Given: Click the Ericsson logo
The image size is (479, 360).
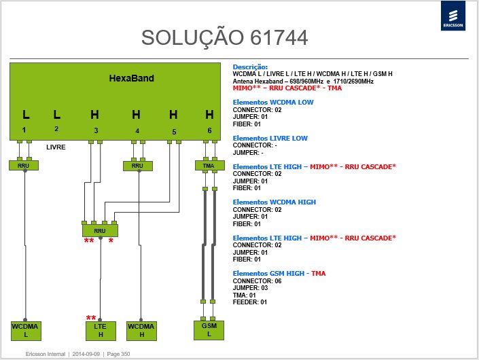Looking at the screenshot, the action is pyautogui.click(x=453, y=16).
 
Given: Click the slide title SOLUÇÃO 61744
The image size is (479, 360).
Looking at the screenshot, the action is pyautogui.click(x=224, y=37).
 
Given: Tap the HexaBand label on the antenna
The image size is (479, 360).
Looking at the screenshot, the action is pyautogui.click(x=132, y=78).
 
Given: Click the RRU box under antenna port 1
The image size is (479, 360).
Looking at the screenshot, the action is pyautogui.click(x=24, y=165).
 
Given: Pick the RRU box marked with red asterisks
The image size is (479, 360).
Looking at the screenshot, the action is pyautogui.click(x=100, y=230).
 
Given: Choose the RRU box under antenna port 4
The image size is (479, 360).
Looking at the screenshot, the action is pyautogui.click(x=138, y=166).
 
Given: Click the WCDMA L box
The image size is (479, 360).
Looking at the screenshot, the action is pyautogui.click(x=26, y=331).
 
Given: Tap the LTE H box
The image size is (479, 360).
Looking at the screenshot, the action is pyautogui.click(x=101, y=331).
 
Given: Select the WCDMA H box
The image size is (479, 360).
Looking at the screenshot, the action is pyautogui.click(x=142, y=331).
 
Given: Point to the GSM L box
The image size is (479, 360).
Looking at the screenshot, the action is pyautogui.click(x=209, y=330).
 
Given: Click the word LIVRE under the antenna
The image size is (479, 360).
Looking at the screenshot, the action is pyautogui.click(x=56, y=147).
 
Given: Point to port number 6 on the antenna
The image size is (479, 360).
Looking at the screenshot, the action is pyautogui.click(x=209, y=130).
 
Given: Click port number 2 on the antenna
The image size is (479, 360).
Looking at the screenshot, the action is pyautogui.click(x=56, y=129).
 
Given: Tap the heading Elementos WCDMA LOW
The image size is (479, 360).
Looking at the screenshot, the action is pyautogui.click(x=273, y=103).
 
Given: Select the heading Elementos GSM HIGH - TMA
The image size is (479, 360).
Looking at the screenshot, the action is pyautogui.click(x=279, y=273).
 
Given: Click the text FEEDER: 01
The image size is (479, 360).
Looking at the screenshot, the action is pyautogui.click(x=250, y=302).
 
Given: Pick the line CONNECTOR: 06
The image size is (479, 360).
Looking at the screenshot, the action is pyautogui.click(x=258, y=281).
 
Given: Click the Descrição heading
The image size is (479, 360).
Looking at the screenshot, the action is pyautogui.click(x=250, y=67).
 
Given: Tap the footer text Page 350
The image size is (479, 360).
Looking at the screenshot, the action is pyautogui.click(x=118, y=354).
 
